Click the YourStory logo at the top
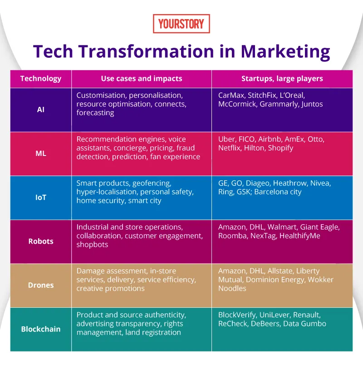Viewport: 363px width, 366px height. (181, 24)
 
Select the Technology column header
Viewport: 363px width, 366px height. (40, 79)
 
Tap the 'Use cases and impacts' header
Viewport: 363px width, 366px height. (142, 79)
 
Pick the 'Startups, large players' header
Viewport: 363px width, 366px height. (282, 79)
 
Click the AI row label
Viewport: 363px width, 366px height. (40, 110)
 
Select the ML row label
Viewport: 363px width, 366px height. (40, 154)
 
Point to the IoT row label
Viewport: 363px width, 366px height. (40, 198)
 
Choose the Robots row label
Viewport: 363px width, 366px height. (40, 241)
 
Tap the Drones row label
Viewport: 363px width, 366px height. (40, 285)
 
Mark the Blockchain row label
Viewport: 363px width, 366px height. (40, 329)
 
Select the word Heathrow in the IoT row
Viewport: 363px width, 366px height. (290, 183)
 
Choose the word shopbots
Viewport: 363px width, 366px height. (93, 245)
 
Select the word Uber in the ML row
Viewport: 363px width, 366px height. (227, 139)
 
